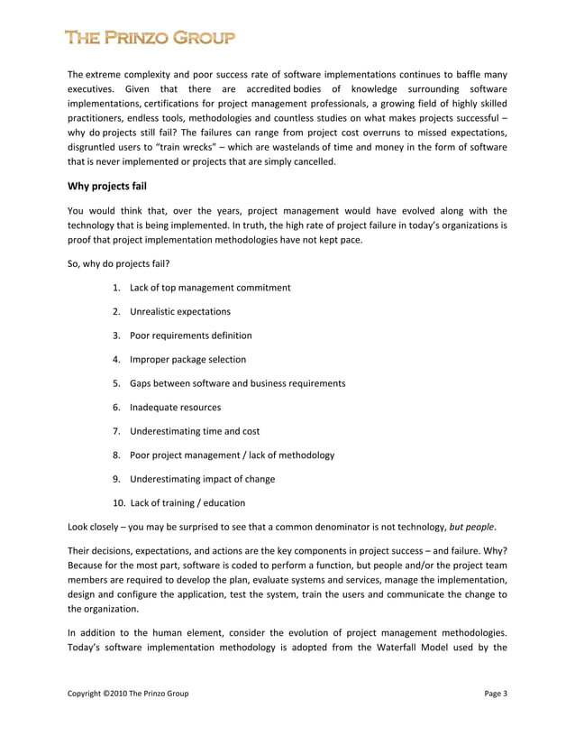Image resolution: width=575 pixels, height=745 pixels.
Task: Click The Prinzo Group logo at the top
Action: point(150,38)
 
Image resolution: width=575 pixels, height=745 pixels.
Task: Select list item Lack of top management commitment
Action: point(210,288)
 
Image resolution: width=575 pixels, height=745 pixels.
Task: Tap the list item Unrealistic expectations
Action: point(179,312)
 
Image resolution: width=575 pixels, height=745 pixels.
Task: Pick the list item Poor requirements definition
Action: point(190,336)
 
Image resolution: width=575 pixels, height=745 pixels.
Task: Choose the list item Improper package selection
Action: point(187,359)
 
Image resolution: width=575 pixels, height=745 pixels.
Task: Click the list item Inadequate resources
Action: point(175,407)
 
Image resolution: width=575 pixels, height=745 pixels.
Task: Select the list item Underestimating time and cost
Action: point(195,431)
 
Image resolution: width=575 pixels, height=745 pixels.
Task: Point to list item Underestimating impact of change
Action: point(202,479)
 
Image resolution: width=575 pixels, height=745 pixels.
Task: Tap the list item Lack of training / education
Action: point(187,502)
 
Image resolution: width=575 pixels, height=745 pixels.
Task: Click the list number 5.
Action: point(117,383)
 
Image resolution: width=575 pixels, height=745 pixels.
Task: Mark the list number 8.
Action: point(117,455)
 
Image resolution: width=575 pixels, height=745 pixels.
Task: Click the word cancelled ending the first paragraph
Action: point(310,162)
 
